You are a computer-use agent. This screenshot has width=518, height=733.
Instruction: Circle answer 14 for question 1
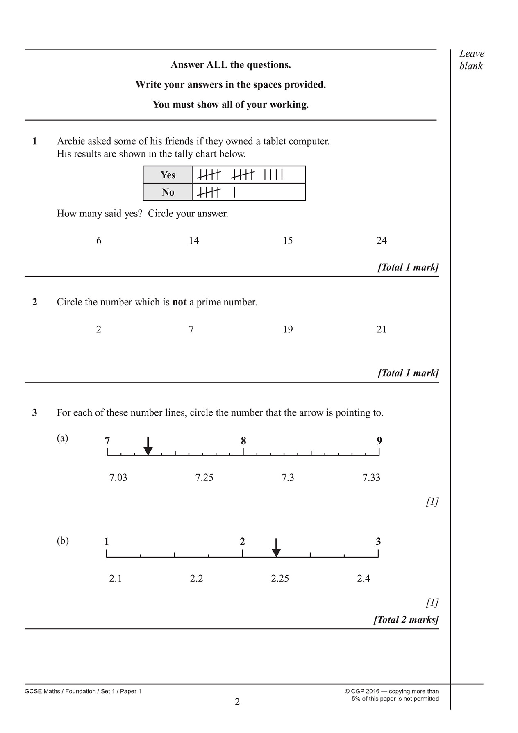pyautogui.click(x=194, y=241)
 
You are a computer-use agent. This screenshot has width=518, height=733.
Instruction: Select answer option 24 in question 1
pyautogui.click(x=382, y=241)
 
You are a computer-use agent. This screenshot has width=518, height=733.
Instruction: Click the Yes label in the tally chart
pyautogui.click(x=168, y=175)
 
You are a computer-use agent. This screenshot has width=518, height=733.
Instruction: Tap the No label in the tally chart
pyautogui.click(x=168, y=192)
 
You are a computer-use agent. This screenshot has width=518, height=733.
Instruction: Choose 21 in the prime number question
pyautogui.click(x=382, y=330)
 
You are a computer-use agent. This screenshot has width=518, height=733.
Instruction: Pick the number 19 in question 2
pyautogui.click(x=288, y=330)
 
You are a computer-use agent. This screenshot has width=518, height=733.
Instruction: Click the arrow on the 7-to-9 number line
pyautogui.click(x=148, y=446)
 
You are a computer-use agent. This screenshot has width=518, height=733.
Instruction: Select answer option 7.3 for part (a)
pyautogui.click(x=288, y=478)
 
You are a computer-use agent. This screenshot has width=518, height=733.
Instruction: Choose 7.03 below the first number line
pyautogui.click(x=118, y=478)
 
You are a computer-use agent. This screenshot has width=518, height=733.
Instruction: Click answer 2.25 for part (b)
pyautogui.click(x=280, y=578)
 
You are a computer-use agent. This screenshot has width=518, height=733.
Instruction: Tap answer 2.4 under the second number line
pyautogui.click(x=364, y=578)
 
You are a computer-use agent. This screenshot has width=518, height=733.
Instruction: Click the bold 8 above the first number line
pyautogui.click(x=243, y=441)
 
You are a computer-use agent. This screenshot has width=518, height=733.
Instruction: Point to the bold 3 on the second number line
pyautogui.click(x=378, y=542)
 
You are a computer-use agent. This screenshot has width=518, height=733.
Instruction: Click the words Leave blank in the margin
pyautogui.click(x=471, y=60)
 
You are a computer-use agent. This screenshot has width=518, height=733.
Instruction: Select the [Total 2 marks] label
pyautogui.click(x=406, y=619)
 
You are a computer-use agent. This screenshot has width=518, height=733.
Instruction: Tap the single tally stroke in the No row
pyautogui.click(x=234, y=192)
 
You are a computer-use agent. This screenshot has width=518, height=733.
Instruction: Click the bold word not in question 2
pyautogui.click(x=179, y=303)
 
